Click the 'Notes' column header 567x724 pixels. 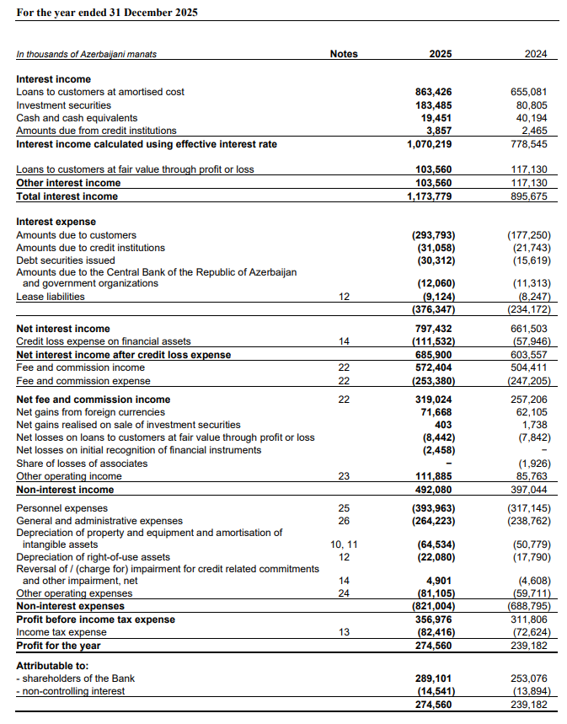344,54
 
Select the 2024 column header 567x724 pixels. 535,54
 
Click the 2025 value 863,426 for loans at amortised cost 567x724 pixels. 434,92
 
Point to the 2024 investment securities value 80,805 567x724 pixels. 530,105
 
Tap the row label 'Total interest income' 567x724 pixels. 67,196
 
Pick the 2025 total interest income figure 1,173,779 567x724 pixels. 430,196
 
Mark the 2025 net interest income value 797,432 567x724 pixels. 434,329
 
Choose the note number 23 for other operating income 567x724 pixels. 344,476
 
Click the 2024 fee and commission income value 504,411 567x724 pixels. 530,367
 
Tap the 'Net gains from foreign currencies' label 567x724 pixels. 91,412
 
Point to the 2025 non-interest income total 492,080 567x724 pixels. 434,490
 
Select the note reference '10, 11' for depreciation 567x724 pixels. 344,544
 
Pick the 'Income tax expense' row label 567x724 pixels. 62,633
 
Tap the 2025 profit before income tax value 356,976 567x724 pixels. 434,619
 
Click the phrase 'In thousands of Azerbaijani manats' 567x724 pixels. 86,55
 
